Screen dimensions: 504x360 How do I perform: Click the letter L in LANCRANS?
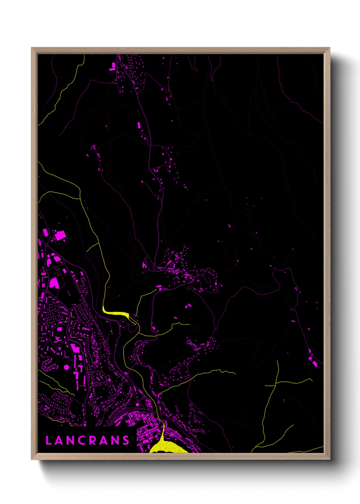tap(48, 440)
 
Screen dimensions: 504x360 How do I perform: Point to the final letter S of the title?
tap(126, 440)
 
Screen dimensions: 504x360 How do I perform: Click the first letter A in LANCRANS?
tap(59, 440)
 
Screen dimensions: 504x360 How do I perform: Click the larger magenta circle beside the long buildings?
tap(66, 367)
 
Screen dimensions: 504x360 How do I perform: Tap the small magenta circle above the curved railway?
tap(137, 405)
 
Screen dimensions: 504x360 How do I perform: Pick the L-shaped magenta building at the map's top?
tap(113, 66)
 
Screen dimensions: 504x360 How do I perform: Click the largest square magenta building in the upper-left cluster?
tap(60, 235)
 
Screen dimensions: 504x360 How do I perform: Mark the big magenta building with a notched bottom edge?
tap(54, 283)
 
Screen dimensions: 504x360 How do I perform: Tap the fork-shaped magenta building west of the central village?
tap(144, 265)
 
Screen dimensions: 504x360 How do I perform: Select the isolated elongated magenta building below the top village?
tap(139, 125)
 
